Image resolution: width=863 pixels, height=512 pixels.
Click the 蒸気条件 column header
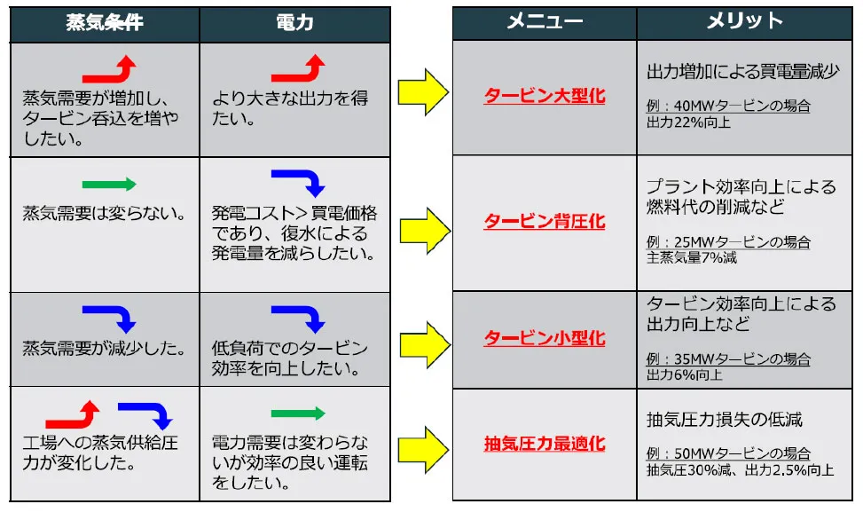(x=105, y=23)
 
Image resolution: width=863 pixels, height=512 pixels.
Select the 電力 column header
(x=294, y=23)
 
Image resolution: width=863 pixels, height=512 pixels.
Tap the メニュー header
(x=545, y=22)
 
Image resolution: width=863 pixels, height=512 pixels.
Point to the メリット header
(x=744, y=22)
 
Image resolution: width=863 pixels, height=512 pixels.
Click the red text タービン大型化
(x=545, y=95)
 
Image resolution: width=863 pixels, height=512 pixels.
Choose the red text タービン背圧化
(x=545, y=221)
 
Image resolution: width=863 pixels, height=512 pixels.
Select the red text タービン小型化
(x=545, y=338)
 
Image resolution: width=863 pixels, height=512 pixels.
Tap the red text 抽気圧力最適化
(x=545, y=442)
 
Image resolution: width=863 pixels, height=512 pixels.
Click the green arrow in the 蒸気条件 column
(x=109, y=185)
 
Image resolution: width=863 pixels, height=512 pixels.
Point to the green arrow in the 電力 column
(x=298, y=414)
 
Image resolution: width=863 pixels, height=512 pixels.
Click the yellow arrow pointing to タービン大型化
(x=423, y=92)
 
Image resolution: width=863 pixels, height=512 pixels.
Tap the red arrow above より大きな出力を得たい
(x=298, y=69)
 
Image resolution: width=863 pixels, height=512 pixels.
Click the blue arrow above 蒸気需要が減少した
(x=109, y=318)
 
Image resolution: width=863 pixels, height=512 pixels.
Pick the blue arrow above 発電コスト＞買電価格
(x=298, y=183)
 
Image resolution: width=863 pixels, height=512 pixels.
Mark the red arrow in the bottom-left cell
(x=73, y=414)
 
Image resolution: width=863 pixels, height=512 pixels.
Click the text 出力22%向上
(x=688, y=122)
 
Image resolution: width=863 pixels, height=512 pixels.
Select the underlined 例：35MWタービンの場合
(x=728, y=358)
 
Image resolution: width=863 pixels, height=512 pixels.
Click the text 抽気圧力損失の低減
(x=725, y=419)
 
